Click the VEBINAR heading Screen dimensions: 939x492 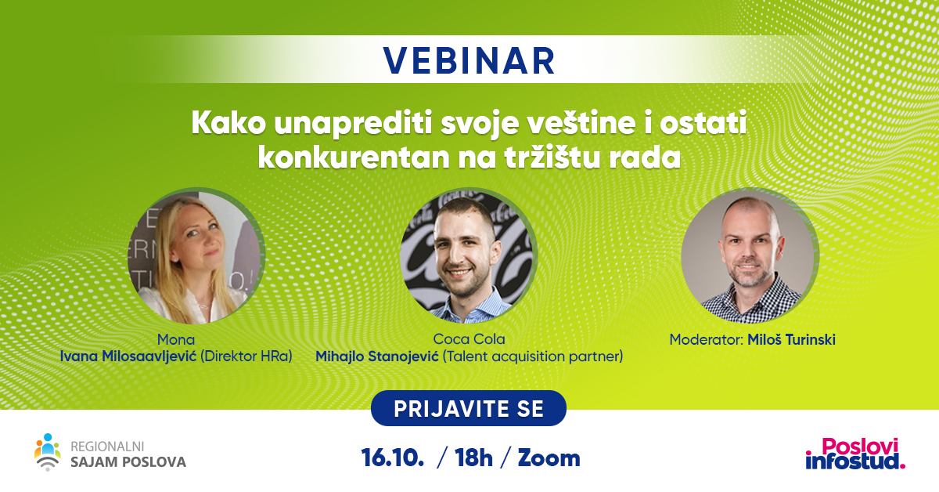pyautogui.click(x=469, y=61)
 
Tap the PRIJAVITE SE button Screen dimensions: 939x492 pyautogui.click(x=469, y=408)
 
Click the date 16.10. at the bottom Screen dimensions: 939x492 pyautogui.click(x=392, y=458)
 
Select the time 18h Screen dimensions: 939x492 pyautogui.click(x=473, y=458)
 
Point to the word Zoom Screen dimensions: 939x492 pyautogui.click(x=549, y=458)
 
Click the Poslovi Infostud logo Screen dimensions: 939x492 pyautogui.click(x=855, y=454)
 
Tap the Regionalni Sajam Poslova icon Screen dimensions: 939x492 pyautogui.click(x=48, y=452)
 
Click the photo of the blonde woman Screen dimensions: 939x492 pyautogui.click(x=196, y=256)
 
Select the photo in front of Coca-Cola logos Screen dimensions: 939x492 pyautogui.click(x=469, y=256)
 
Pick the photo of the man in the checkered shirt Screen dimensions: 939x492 pyautogui.click(x=750, y=256)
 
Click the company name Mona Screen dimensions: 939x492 pyautogui.click(x=176, y=339)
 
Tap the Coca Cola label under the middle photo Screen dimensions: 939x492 pyautogui.click(x=469, y=339)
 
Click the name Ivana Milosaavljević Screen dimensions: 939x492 pyautogui.click(x=128, y=356)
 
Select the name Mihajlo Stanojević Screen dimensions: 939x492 pyautogui.click(x=377, y=356)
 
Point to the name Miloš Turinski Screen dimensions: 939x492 pyautogui.click(x=791, y=339)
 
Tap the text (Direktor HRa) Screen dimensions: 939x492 pyautogui.click(x=246, y=356)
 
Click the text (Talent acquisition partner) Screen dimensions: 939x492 pyautogui.click(x=533, y=356)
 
